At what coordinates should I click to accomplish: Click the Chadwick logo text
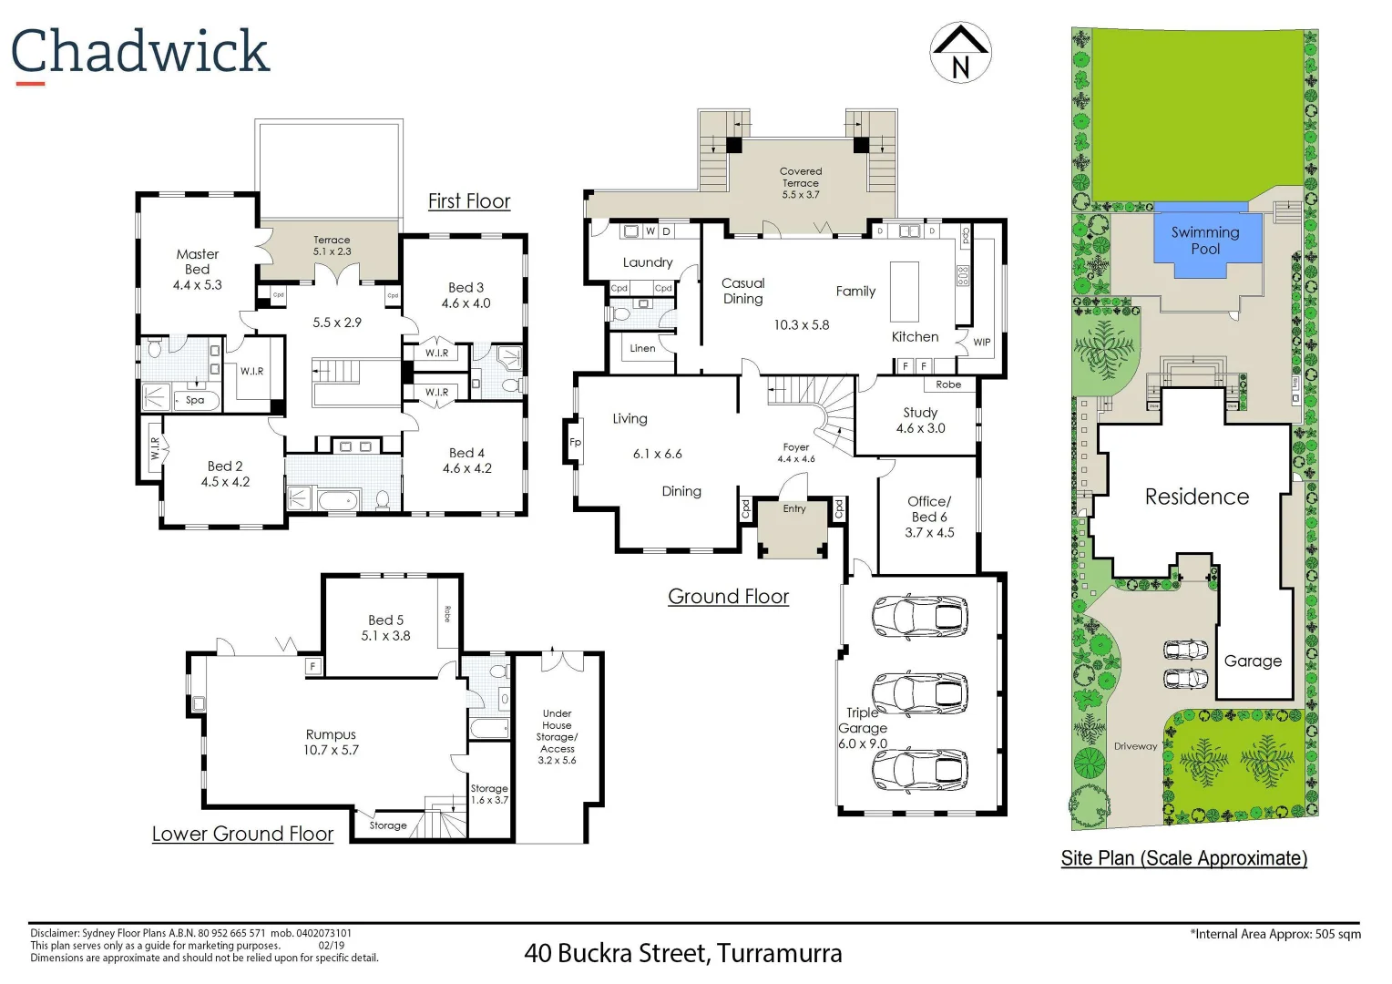[x=140, y=52]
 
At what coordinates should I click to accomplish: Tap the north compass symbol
[x=960, y=53]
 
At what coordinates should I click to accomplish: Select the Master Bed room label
[x=198, y=269]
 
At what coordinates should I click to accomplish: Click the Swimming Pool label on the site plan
[x=1205, y=240]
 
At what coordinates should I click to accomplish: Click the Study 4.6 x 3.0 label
[x=920, y=420]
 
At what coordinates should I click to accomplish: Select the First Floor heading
[x=469, y=201]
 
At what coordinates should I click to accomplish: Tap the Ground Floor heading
[x=728, y=596]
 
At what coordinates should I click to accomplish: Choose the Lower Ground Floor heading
[x=242, y=834]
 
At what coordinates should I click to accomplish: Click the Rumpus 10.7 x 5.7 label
[x=332, y=742]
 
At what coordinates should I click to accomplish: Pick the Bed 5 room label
[x=386, y=628]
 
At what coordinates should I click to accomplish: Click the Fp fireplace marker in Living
[x=575, y=443]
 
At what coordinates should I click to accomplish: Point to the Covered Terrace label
[x=801, y=182]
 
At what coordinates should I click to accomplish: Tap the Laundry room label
[x=648, y=262]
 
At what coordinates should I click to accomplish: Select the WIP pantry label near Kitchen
[x=981, y=343]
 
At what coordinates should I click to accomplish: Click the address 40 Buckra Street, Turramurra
[x=682, y=953]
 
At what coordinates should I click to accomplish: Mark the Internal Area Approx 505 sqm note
[x=1274, y=934]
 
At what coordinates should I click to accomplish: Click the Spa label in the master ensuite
[x=195, y=400]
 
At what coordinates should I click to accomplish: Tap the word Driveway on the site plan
[x=1135, y=746]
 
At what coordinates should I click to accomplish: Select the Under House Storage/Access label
[x=557, y=736]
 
